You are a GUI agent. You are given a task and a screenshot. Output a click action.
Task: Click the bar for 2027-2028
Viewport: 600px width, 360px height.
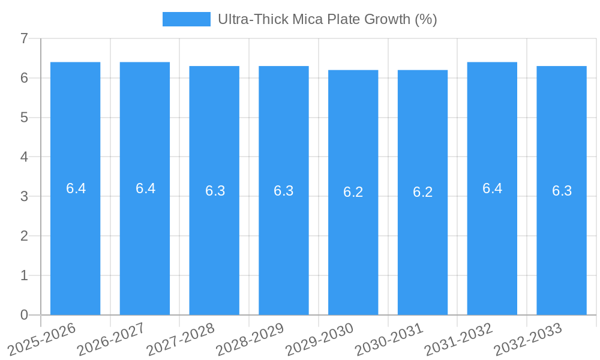[214, 240]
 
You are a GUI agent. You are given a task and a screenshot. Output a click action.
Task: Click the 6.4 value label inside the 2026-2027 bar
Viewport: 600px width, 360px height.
[145, 188]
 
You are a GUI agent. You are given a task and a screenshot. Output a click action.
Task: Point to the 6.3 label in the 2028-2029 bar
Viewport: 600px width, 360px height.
[283, 191]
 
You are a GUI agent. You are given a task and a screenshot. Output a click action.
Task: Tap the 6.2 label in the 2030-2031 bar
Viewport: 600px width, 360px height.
[422, 192]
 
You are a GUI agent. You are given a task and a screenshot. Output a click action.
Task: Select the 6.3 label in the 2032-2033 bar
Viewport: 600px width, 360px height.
[562, 191]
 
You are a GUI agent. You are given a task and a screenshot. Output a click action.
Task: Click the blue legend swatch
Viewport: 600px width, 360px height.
[187, 19]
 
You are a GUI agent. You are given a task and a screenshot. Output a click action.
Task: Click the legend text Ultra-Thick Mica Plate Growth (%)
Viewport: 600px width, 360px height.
[327, 19]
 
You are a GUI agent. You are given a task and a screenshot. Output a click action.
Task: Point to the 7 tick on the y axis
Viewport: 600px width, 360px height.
[24, 38]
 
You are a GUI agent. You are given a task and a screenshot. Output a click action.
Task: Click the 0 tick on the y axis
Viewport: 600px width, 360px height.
[24, 315]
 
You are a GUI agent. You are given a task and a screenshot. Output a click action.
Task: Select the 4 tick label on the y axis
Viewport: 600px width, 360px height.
[24, 157]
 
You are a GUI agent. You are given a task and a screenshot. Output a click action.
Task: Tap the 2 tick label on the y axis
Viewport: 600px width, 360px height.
[24, 236]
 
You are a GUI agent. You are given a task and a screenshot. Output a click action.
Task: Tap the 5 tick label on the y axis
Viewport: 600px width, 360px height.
[24, 118]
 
